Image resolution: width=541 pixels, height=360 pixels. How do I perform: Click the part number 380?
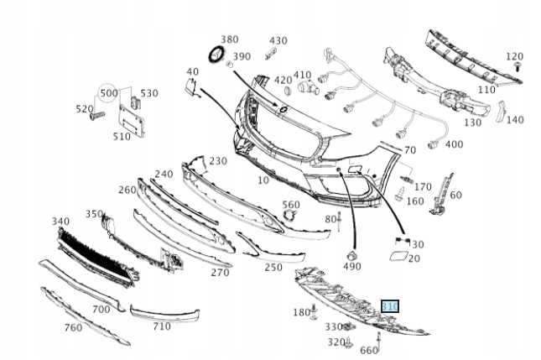[x=229, y=39]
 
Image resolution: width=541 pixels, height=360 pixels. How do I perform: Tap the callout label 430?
[x=278, y=40]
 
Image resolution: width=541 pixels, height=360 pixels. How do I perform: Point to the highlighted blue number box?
[x=390, y=307]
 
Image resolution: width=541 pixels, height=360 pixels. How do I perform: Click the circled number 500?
[x=109, y=92]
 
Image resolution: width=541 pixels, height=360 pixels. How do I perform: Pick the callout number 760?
[x=74, y=327]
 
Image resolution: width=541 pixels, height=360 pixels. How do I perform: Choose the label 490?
[x=351, y=267]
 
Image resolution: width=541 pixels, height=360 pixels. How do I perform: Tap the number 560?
[x=290, y=205]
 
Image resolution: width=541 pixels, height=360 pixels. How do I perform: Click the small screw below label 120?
[x=519, y=66]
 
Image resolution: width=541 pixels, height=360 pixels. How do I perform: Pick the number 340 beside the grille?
[x=60, y=222]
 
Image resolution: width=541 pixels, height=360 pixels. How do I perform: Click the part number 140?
[x=514, y=119]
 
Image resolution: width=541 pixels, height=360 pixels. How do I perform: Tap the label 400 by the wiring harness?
[x=454, y=144]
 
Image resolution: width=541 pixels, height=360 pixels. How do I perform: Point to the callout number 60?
[x=455, y=195]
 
